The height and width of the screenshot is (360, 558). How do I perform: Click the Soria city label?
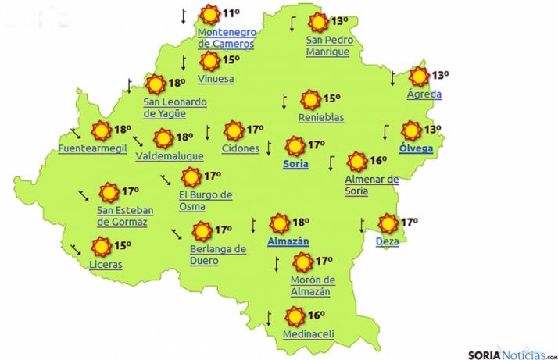click(295, 164)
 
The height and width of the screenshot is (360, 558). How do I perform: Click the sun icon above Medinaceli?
click(295, 316)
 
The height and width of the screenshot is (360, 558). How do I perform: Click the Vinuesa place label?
click(216, 79)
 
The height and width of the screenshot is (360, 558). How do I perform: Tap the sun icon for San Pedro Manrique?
click(317, 23)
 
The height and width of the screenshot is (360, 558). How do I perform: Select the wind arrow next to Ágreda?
click(392, 77)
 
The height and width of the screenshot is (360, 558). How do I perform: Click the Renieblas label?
click(320, 118)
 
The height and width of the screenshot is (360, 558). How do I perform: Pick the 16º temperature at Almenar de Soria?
click(379, 161)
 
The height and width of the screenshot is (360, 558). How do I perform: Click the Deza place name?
click(387, 242)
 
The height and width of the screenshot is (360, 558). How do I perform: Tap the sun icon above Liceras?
click(100, 247)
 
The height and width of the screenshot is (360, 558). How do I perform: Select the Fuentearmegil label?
click(92, 148)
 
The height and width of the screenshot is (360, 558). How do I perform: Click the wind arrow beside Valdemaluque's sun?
click(138, 141)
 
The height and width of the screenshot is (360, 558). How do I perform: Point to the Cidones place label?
click(241, 148)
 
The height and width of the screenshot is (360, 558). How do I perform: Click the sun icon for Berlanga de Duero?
click(202, 231)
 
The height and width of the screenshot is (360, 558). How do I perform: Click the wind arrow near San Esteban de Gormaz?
click(83, 194)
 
